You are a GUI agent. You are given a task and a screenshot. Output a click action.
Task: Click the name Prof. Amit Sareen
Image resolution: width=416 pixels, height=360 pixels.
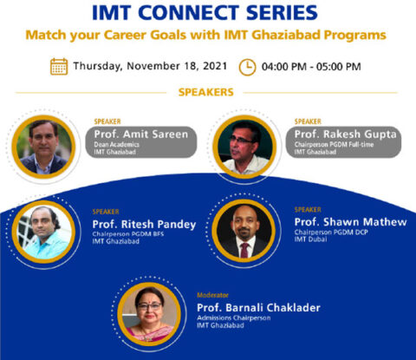click(x=138, y=135)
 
